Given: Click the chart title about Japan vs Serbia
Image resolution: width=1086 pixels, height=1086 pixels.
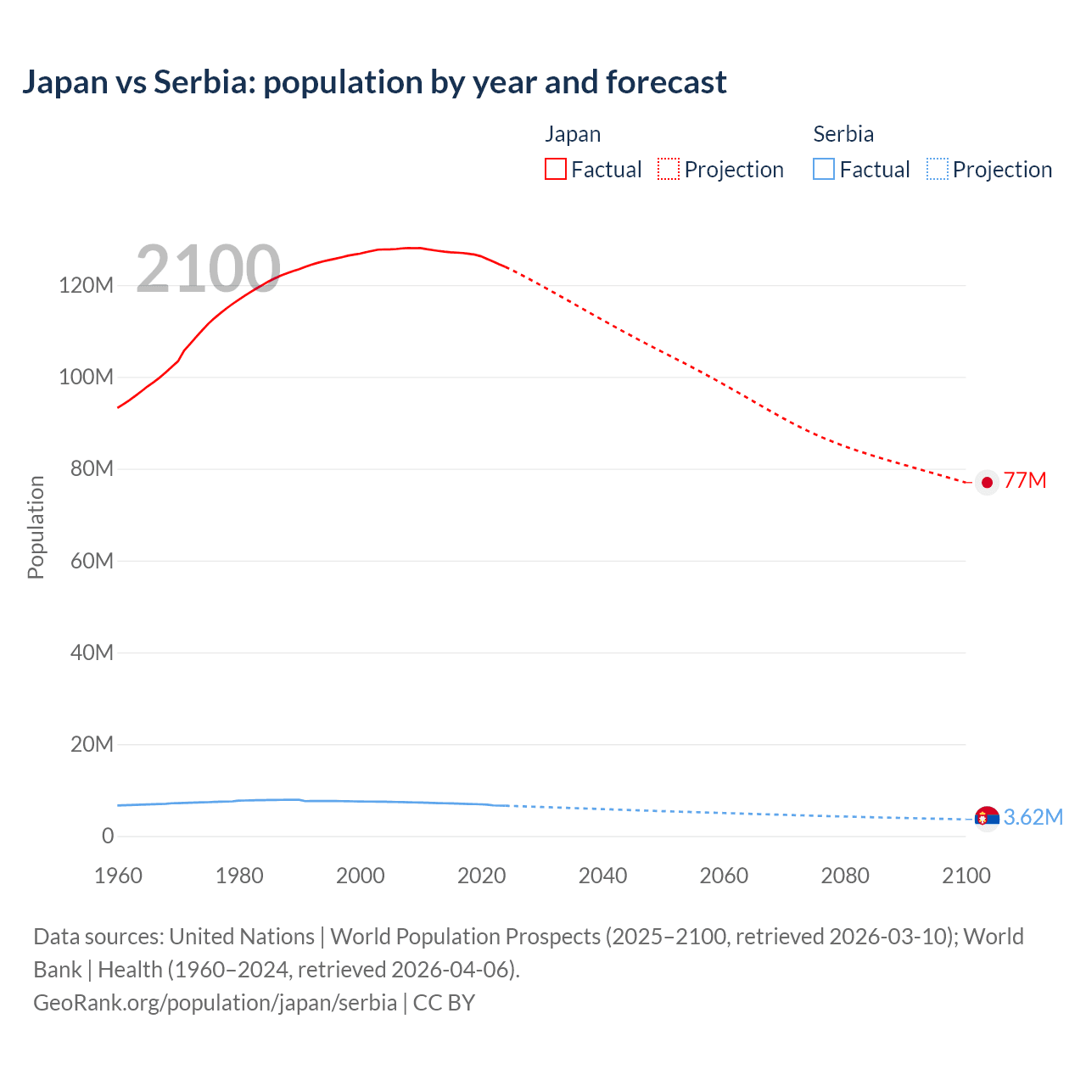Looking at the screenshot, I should [x=374, y=82].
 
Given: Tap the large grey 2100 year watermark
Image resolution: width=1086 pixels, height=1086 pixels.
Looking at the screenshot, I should [x=208, y=269].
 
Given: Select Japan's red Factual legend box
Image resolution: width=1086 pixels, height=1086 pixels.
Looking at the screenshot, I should [x=555, y=170].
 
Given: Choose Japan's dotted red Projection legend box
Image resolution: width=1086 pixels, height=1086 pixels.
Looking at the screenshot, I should [x=669, y=170].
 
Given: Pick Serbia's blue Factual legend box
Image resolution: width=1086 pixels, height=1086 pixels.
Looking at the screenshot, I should [x=823, y=170].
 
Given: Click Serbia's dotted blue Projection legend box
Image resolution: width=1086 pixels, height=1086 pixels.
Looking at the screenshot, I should [x=938, y=170].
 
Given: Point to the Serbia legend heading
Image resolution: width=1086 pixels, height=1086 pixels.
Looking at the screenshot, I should [x=842, y=134].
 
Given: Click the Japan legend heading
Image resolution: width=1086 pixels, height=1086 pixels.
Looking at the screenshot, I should [x=573, y=134].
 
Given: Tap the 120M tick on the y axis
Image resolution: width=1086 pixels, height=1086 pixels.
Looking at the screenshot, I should [x=86, y=285].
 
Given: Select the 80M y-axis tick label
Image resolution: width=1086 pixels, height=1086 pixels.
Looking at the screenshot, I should [x=91, y=469].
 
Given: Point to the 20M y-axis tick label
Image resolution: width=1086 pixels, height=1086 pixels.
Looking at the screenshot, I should [x=91, y=745].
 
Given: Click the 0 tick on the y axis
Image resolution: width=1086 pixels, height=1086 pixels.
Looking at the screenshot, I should [x=108, y=837].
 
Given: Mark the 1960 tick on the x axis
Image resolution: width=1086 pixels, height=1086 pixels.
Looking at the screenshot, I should [x=118, y=876].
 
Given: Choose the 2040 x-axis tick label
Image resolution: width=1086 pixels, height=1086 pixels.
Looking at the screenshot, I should [x=602, y=876].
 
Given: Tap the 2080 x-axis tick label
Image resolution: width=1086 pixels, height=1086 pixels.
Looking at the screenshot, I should [x=845, y=876].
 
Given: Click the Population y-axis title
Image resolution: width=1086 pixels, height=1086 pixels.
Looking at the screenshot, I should [x=36, y=527].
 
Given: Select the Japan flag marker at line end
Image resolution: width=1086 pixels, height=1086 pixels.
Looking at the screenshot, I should [x=987, y=482].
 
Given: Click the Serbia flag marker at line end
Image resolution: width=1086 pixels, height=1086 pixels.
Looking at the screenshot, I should [x=987, y=818].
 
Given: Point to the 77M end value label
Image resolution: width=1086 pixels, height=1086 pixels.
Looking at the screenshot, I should [x=1025, y=480].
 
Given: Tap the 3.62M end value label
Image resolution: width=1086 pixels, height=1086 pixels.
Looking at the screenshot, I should [x=1033, y=817].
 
